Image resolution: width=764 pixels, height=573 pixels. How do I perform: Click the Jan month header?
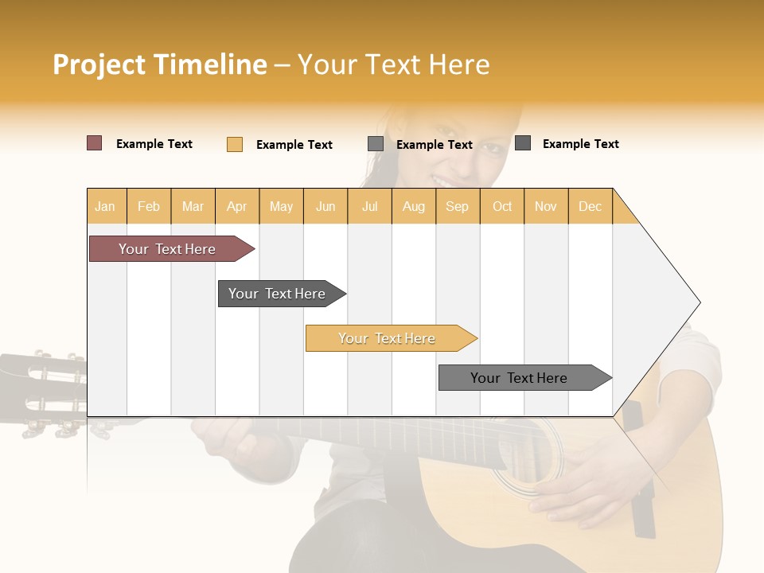(105, 206)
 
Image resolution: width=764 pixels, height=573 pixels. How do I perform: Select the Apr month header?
(237, 206)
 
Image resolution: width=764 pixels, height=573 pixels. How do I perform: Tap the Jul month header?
(369, 206)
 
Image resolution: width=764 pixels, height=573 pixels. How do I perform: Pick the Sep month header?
(457, 206)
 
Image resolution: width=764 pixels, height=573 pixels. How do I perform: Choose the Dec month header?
(590, 206)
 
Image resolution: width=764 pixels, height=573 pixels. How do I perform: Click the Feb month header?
(149, 206)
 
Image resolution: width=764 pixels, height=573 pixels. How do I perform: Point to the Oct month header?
(502, 206)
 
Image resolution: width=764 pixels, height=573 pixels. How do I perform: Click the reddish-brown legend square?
(94, 143)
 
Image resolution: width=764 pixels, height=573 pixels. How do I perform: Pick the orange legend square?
(234, 144)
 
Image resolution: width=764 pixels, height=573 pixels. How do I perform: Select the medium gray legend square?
(376, 144)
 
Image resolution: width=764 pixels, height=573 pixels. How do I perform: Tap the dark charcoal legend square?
(523, 143)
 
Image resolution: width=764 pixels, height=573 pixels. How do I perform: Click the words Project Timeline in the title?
(160, 64)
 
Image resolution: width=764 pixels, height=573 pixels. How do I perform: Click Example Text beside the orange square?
(294, 145)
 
